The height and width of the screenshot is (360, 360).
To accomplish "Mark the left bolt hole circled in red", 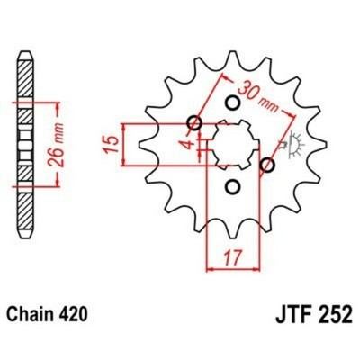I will (193, 122).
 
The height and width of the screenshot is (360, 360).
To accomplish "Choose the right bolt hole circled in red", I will (266, 165).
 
